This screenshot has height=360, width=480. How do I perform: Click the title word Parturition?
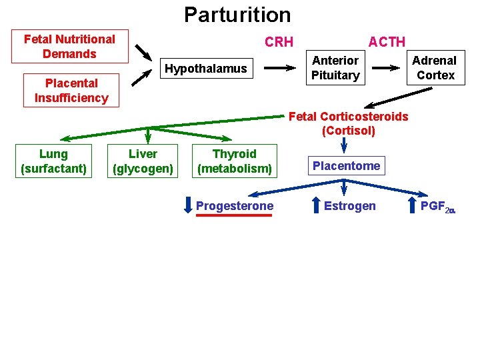click(x=237, y=15)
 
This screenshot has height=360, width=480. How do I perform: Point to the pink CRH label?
click(x=279, y=42)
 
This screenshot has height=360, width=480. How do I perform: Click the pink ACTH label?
click(x=387, y=42)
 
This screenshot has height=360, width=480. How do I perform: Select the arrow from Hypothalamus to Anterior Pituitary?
click(x=280, y=68)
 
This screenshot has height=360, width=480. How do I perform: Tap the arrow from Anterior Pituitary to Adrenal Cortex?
click(x=386, y=68)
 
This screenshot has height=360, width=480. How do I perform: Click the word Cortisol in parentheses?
click(x=349, y=131)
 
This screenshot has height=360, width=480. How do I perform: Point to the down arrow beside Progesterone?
click(x=188, y=205)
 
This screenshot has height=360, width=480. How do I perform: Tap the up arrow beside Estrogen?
click(x=316, y=205)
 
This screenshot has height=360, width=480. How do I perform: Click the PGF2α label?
click(x=438, y=207)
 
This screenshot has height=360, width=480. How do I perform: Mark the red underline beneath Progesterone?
click(x=234, y=215)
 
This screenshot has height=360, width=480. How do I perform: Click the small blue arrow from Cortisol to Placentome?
click(x=344, y=145)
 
